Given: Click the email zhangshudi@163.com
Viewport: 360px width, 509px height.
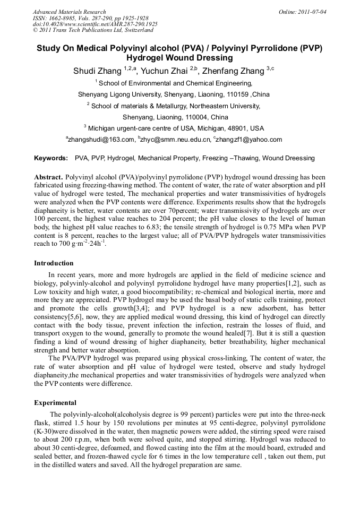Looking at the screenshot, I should tap(101, 140).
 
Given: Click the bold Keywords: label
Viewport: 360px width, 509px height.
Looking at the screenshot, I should tap(51, 158).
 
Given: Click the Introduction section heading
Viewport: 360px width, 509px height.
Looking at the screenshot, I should tap(54, 263).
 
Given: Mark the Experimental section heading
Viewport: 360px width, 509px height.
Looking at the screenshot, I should tap(55, 403).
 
